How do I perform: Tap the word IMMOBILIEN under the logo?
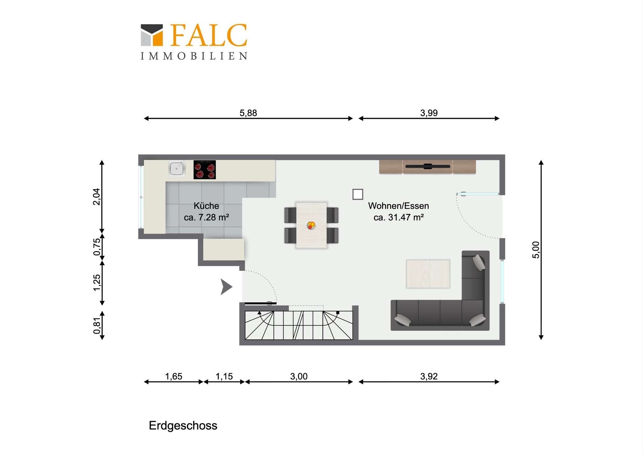point(194,56)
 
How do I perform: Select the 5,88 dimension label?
point(248,113)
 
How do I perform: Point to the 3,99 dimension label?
point(429,113)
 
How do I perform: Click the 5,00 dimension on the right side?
point(536,250)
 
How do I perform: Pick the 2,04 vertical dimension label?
point(96,197)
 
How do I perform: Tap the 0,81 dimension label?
point(96,326)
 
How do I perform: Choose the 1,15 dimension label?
point(224,376)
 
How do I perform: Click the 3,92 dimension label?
point(429,376)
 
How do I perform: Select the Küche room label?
point(206,206)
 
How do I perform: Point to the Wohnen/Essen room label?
point(399,206)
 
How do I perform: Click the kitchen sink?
point(176,169)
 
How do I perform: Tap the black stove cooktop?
point(205,170)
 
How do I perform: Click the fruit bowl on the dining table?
point(311,225)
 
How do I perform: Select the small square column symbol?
point(358,194)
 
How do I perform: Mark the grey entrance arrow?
point(226,287)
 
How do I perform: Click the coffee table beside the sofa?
point(428,274)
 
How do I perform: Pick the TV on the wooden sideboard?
point(428,166)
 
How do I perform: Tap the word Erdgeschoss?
point(183,426)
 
